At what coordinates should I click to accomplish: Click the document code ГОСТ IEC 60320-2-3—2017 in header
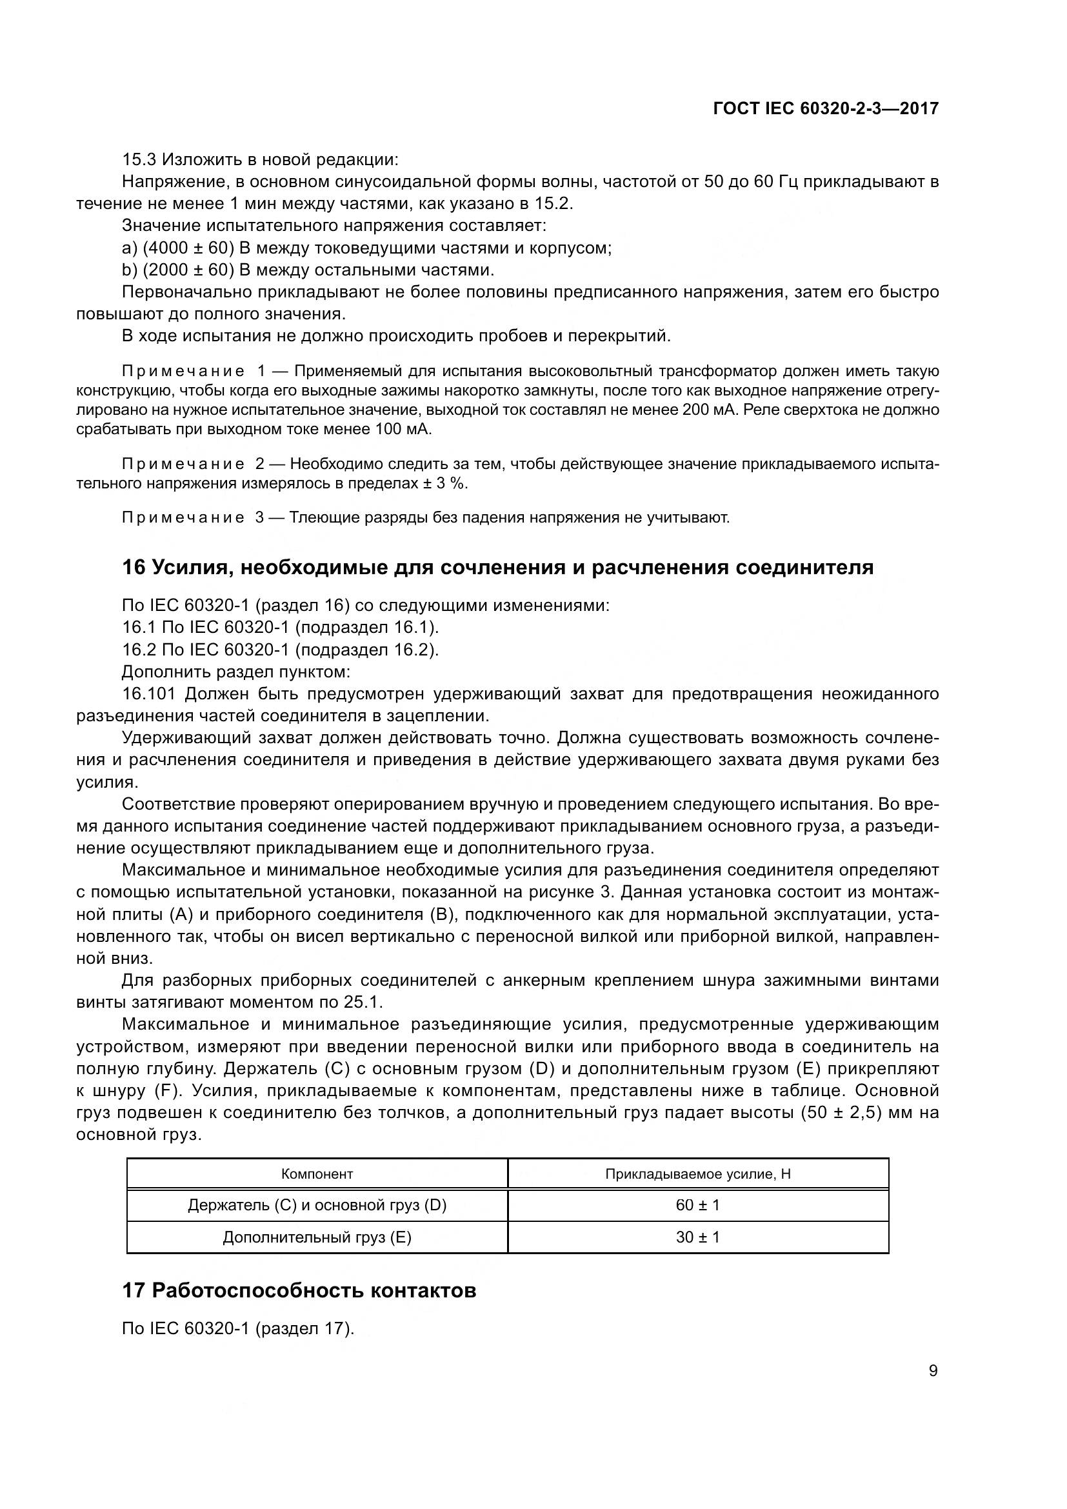[825, 109]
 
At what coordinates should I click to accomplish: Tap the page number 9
[933, 1371]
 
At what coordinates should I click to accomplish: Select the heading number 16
[134, 567]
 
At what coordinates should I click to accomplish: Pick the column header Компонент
[317, 1174]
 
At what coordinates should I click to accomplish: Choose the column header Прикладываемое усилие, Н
[698, 1174]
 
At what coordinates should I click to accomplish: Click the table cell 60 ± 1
[698, 1204]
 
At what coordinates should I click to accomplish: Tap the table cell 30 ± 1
[698, 1237]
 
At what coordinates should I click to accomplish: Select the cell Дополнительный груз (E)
[317, 1237]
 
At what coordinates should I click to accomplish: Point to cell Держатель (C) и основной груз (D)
[317, 1204]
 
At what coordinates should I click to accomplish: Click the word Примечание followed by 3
[183, 518]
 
